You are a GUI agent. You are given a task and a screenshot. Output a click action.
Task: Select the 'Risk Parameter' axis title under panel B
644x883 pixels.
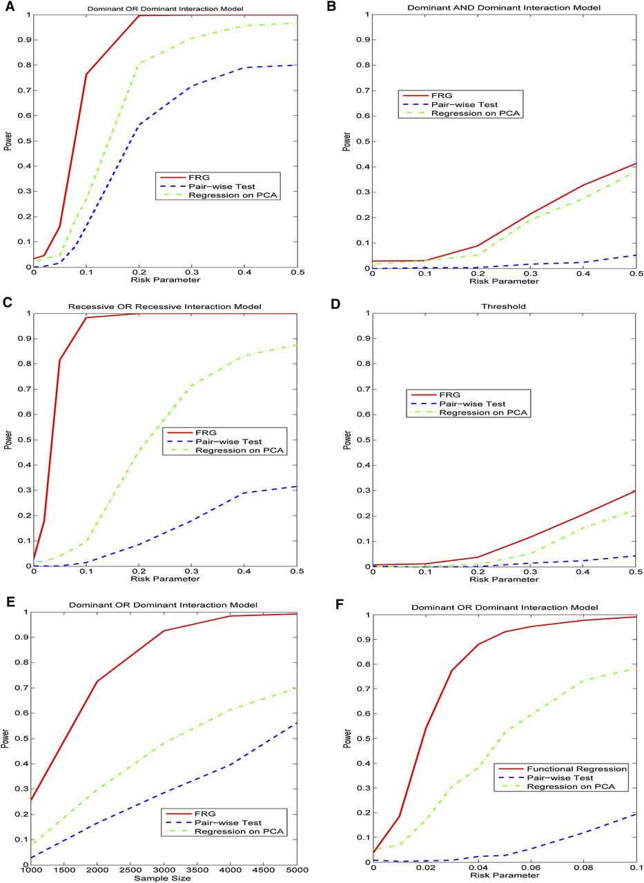pos(505,281)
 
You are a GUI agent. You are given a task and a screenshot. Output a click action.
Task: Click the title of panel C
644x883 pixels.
pos(165,306)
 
